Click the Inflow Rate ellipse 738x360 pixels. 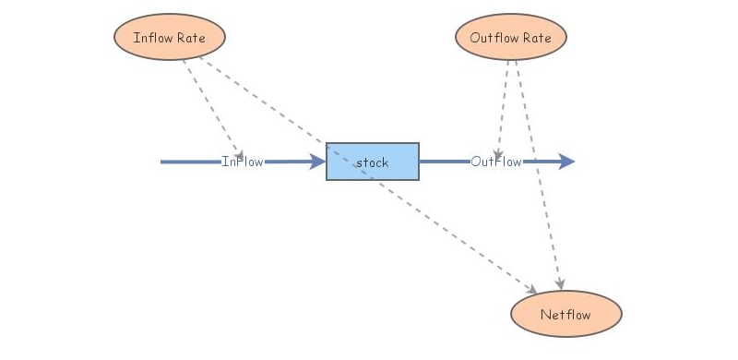click(170, 38)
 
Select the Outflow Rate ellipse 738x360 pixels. click(510, 38)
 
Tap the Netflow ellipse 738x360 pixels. click(565, 315)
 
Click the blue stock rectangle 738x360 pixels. click(372, 162)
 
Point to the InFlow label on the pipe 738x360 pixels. click(243, 162)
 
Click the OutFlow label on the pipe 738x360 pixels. click(496, 162)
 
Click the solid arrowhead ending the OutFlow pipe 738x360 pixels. click(566, 162)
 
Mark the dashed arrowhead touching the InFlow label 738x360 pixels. click(239, 152)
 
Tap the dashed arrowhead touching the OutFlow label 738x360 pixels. click(497, 152)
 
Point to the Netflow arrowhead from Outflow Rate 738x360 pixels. click(559, 281)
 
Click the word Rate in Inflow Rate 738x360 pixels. click(191, 38)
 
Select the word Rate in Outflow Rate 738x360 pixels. click(536, 38)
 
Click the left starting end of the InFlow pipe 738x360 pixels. click(163, 162)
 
